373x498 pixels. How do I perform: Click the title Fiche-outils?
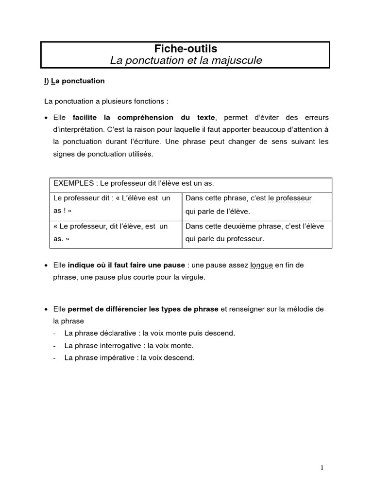(x=186, y=49)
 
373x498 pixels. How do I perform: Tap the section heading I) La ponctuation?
(x=74, y=81)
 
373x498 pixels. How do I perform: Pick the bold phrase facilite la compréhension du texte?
(x=143, y=117)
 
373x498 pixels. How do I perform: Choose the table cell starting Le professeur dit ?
(x=116, y=204)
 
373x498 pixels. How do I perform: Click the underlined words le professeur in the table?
(x=289, y=198)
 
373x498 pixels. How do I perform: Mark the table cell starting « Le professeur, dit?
(x=116, y=232)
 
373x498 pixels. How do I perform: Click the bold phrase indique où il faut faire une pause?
(x=126, y=265)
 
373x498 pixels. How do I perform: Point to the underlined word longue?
(x=261, y=265)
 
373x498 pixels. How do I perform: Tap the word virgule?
(x=192, y=277)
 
